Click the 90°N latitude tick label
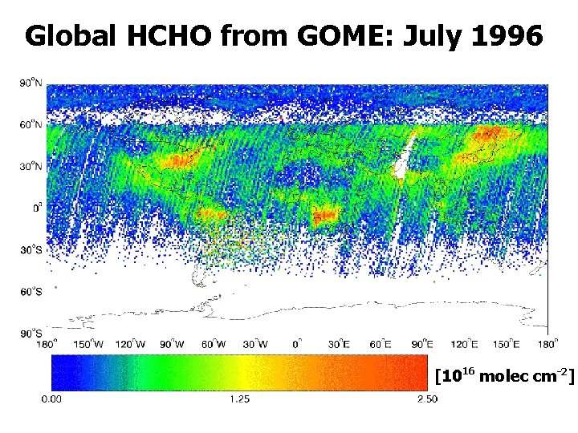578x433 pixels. (31, 83)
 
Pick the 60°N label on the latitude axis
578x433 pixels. (31, 124)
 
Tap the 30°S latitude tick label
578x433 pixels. (31, 249)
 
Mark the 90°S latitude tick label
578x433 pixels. (31, 333)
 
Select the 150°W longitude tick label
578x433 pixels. (89, 344)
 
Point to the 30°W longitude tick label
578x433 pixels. (256, 344)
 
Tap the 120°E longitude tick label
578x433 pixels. (463, 344)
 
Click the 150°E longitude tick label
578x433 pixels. (505, 344)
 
